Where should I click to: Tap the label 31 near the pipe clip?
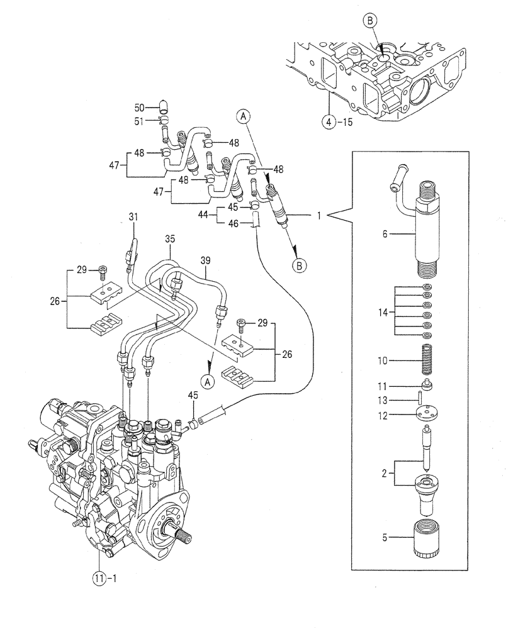[132, 217]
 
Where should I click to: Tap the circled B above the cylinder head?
[370, 21]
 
